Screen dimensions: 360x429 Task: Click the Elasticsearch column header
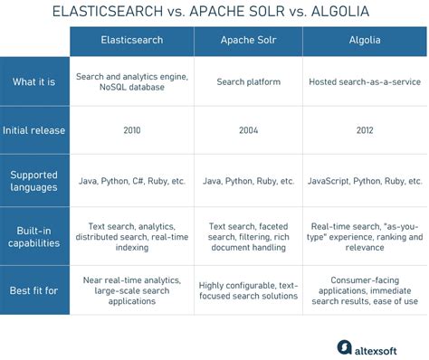point(131,41)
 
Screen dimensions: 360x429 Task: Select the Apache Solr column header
point(248,41)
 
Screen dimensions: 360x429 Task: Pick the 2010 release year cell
point(131,130)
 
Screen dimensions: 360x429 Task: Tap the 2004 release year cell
point(248,130)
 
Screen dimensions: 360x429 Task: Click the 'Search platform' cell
point(248,82)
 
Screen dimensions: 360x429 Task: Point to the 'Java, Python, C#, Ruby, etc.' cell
point(131,181)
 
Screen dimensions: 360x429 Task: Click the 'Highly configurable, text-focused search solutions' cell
point(248,291)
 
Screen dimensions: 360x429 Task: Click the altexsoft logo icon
point(345,346)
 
